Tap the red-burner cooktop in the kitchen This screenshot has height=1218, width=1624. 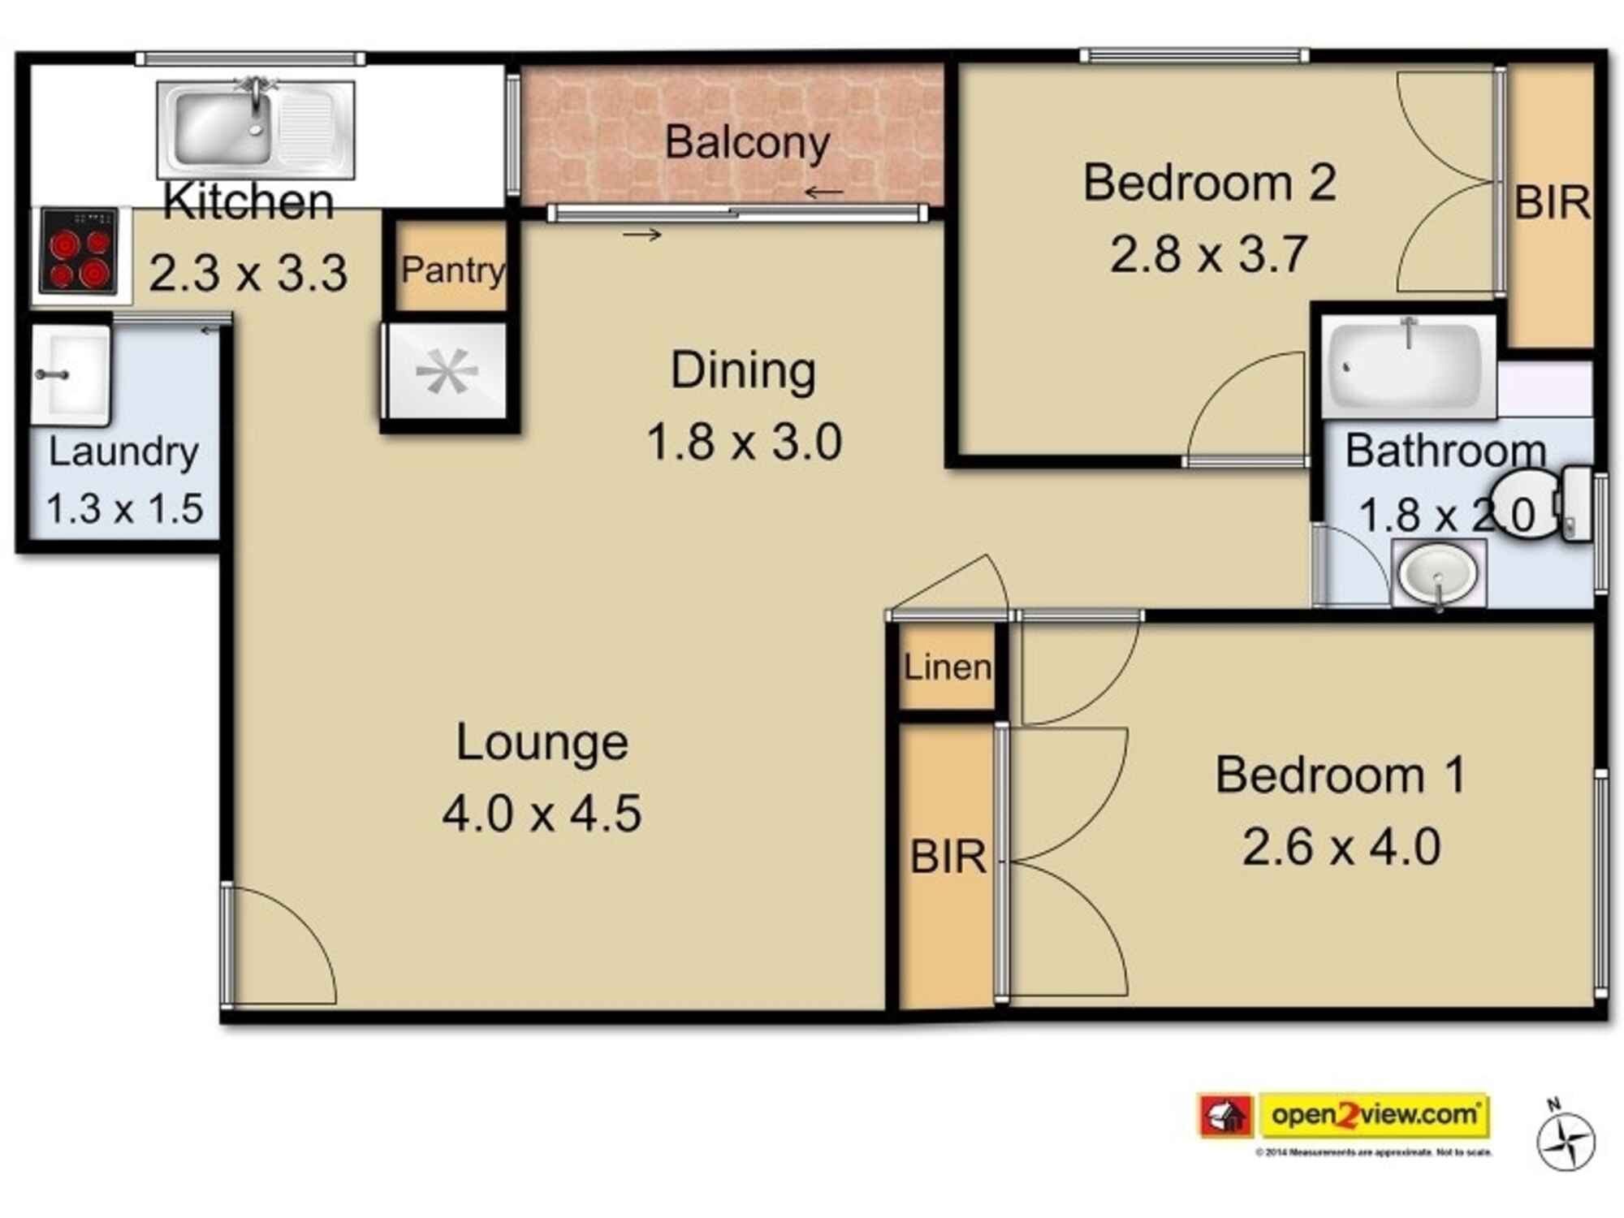(x=80, y=252)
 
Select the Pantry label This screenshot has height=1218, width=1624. (x=452, y=270)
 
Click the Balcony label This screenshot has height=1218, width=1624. (x=746, y=143)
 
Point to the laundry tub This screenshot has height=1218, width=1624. (x=71, y=375)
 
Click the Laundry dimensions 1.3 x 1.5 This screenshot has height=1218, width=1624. (x=124, y=509)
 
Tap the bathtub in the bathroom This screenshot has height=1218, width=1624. (x=1408, y=365)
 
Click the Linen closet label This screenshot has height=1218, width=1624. (x=947, y=667)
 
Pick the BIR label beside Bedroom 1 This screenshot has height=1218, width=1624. (x=948, y=857)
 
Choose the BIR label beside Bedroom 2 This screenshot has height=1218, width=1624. (x=1552, y=203)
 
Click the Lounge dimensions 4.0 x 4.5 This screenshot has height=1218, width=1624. (x=542, y=814)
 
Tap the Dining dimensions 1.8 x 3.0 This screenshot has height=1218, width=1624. (x=744, y=443)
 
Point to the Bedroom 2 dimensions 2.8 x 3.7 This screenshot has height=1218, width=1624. (x=1208, y=254)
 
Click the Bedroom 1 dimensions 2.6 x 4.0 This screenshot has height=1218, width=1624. (x=1341, y=847)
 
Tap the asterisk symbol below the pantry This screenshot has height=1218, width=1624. (x=447, y=372)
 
